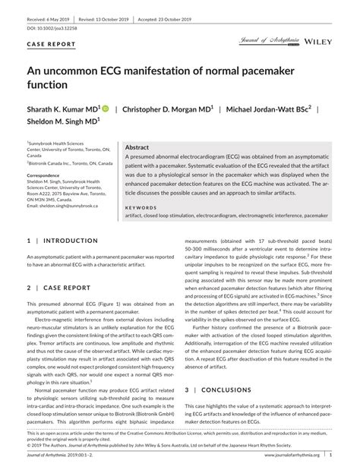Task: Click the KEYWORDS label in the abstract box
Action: [x=141, y=207]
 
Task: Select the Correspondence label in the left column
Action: [x=47, y=173]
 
